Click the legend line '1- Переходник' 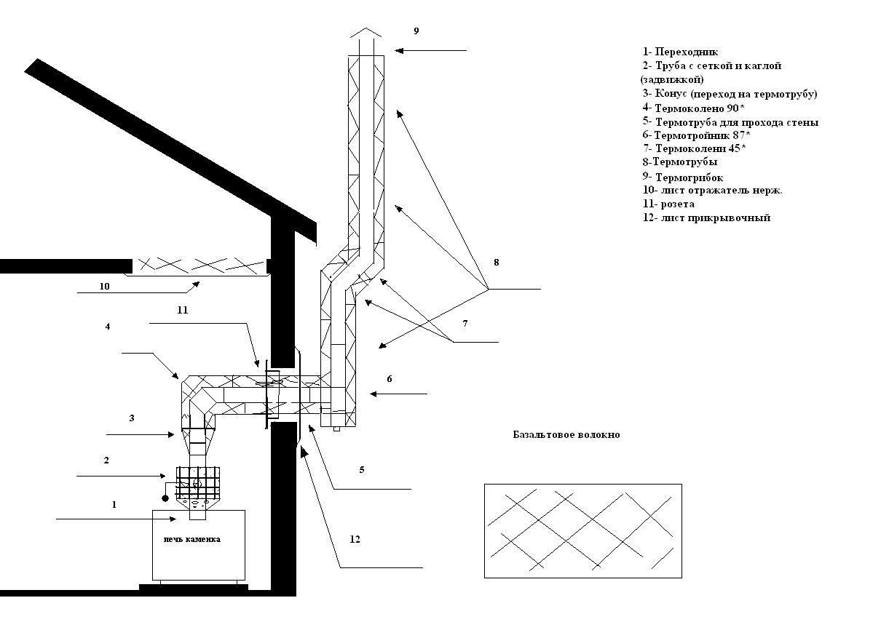(680, 52)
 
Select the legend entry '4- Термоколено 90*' (693, 107)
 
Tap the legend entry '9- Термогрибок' (682, 178)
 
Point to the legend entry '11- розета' (668, 204)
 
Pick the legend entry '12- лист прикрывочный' (706, 218)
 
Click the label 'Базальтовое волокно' (566, 435)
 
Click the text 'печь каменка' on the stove (192, 539)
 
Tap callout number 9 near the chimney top (416, 31)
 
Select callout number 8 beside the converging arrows (496, 262)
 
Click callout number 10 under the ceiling (104, 286)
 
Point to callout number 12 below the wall (355, 539)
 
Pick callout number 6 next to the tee (390, 378)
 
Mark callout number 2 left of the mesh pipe (106, 460)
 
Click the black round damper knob (165, 498)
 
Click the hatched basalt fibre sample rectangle (583, 531)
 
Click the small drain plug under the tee (336, 428)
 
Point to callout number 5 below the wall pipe (362, 469)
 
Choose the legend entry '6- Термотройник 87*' (696, 135)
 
